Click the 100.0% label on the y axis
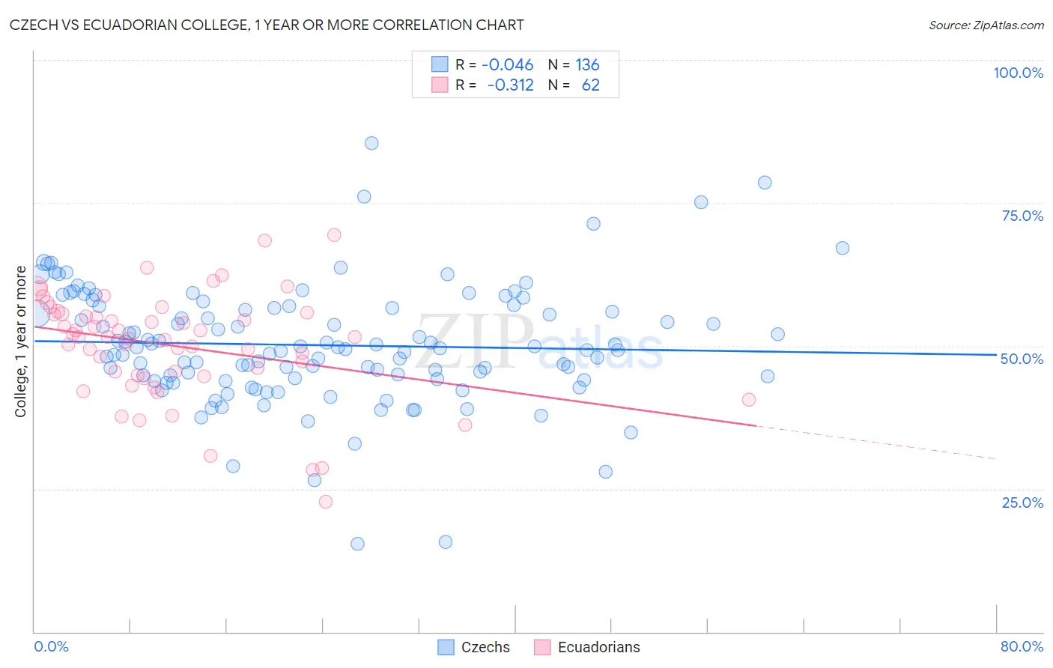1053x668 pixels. pos(1018,73)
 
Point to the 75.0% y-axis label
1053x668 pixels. pos(1022,216)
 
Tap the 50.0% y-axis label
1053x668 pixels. pos(1022,359)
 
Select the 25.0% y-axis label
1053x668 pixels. pos(1022,502)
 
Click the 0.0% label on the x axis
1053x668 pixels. pos(51,646)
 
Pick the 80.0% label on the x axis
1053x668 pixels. pos(1022,646)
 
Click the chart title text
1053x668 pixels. pos(267,25)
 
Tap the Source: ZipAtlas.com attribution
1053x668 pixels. pos(986,25)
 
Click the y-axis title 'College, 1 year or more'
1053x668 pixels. pos(21,341)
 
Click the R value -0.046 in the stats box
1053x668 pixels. pos(507,64)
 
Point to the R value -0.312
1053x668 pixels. pos(510,85)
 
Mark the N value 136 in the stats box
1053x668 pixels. pos(587,64)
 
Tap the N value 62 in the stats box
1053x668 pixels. pos(590,85)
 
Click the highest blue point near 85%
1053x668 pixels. pos(371,143)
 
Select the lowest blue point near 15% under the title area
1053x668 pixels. pos(357,544)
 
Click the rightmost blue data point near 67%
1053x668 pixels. pos(843,248)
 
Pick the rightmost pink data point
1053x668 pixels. pos(748,399)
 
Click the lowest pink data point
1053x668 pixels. pos(326,502)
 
